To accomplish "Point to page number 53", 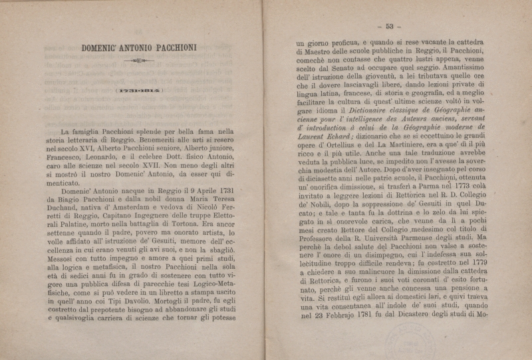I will [x=389, y=27].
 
